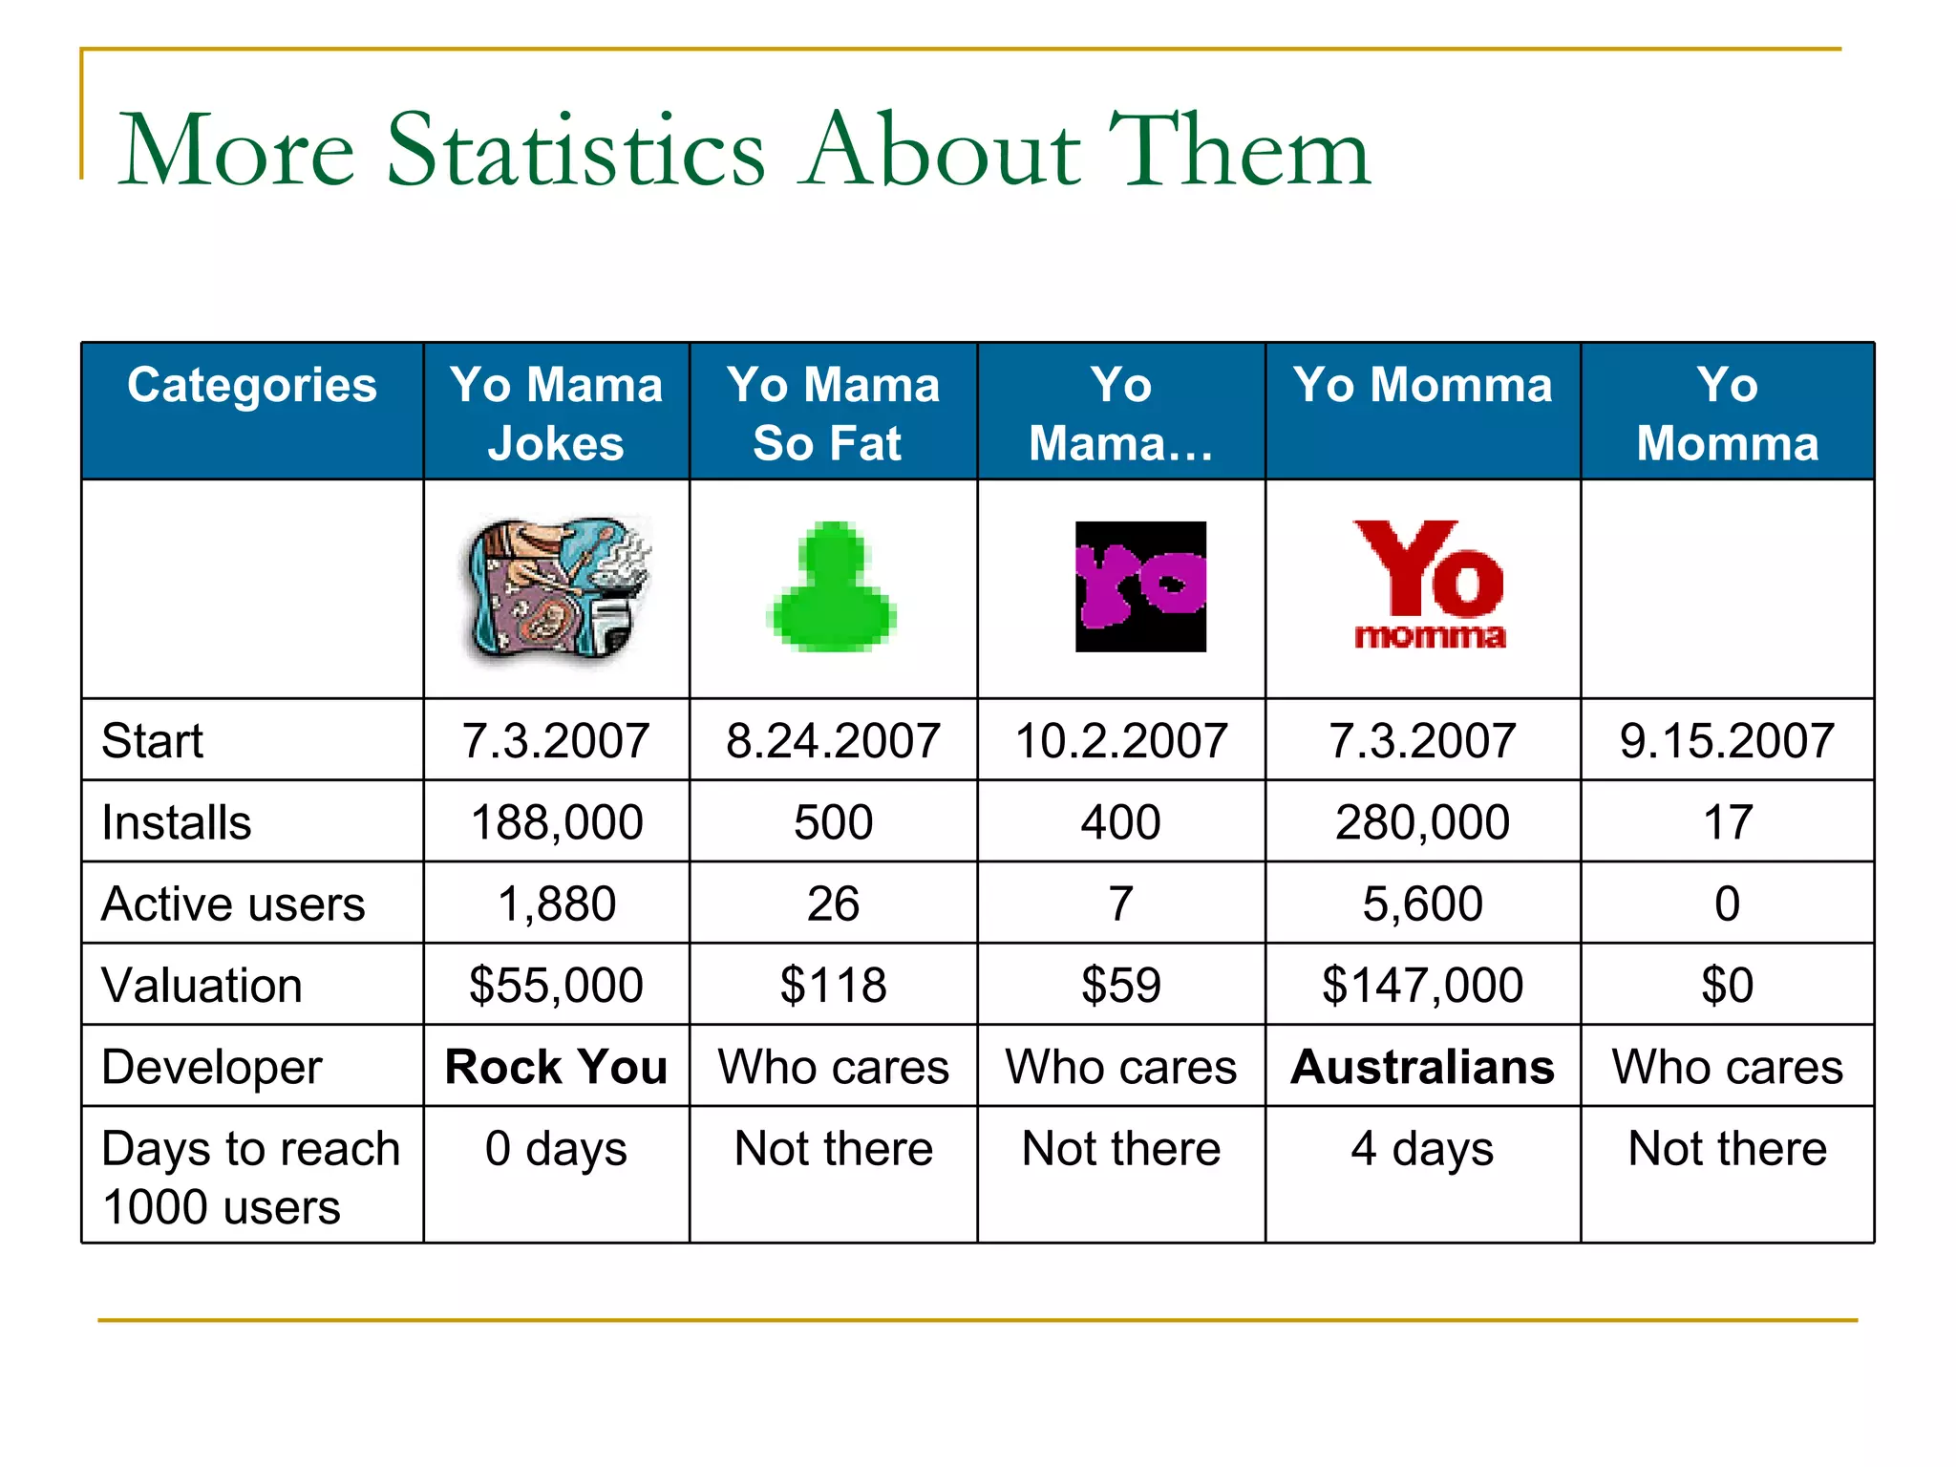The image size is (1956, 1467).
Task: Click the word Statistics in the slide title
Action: [x=575, y=151]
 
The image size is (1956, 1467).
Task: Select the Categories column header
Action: [x=252, y=386]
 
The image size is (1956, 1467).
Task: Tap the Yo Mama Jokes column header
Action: [x=556, y=414]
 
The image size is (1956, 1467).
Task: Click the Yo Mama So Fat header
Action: [x=833, y=414]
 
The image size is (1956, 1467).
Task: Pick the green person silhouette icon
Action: [x=832, y=587]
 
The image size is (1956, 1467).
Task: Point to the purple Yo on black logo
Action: [x=1140, y=586]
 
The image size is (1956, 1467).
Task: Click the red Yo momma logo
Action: [x=1429, y=585]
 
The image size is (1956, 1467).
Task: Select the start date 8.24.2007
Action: [x=833, y=741]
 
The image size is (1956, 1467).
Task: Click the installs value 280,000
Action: [x=1422, y=822]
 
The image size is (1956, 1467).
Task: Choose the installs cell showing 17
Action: [x=1727, y=822]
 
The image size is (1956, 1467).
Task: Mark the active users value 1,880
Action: [x=557, y=904]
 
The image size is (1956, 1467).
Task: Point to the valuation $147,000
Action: [x=1422, y=986]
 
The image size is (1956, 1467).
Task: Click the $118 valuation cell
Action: [x=833, y=986]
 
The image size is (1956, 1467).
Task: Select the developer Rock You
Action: [x=556, y=1067]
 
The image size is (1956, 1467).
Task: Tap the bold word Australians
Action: [x=1422, y=1067]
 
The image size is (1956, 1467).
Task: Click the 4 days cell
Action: [x=1422, y=1149]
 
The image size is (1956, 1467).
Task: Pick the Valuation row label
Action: [x=202, y=986]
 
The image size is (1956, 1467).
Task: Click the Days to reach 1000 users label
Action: [x=250, y=1178]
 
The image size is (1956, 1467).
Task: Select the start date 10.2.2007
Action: [x=1121, y=741]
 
